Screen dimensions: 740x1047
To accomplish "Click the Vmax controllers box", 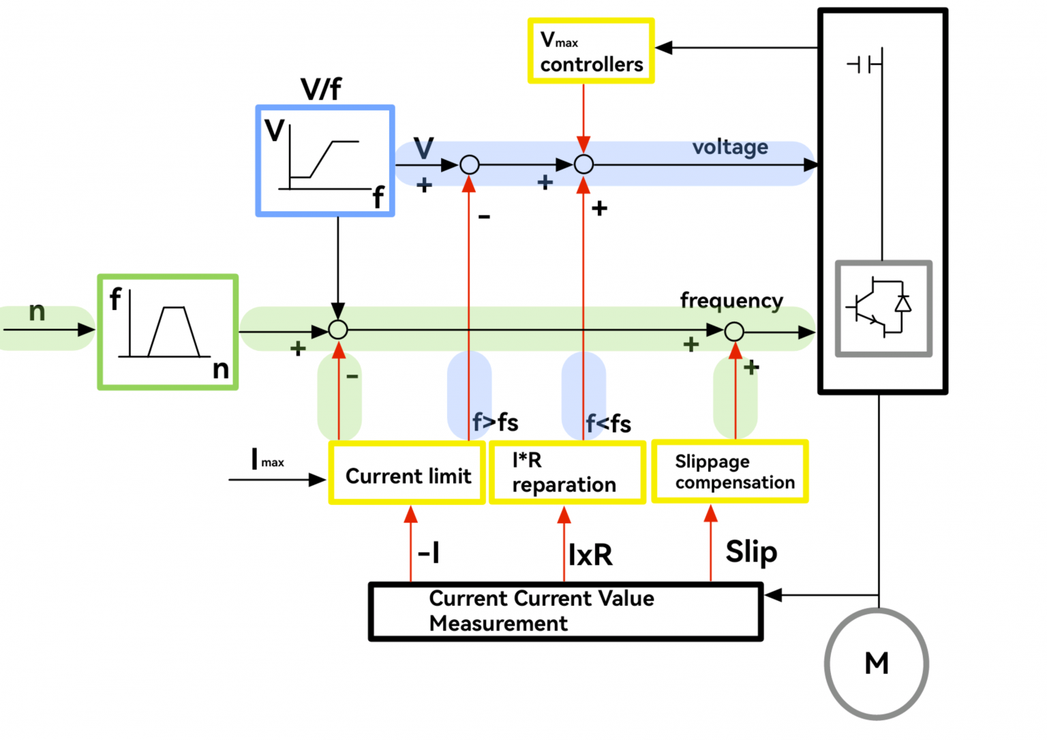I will [x=591, y=52].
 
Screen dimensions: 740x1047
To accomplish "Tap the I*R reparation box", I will [x=567, y=473].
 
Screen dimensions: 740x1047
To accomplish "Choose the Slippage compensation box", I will [x=730, y=472].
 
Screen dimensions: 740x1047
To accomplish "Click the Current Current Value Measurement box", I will [x=565, y=611].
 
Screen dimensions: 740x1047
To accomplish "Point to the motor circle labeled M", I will [x=876, y=663].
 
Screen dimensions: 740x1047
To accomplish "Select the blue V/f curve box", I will [x=325, y=161].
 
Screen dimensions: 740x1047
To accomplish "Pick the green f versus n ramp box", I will [x=168, y=332].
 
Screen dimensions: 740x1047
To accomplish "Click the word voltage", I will [x=730, y=147].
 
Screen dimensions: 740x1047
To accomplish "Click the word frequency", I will [x=731, y=300].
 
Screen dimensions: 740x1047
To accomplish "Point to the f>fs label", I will [x=496, y=422].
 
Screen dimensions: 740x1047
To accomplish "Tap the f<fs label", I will [x=609, y=424].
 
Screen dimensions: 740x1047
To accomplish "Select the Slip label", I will [x=751, y=552].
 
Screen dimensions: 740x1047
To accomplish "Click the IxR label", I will [x=590, y=555].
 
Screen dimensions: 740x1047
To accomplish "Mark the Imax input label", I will [x=267, y=459].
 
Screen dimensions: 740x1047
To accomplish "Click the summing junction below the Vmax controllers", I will [x=583, y=164].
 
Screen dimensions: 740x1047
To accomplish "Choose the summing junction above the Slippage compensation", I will [x=734, y=332].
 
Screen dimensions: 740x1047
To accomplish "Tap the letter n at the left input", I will [x=37, y=311].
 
